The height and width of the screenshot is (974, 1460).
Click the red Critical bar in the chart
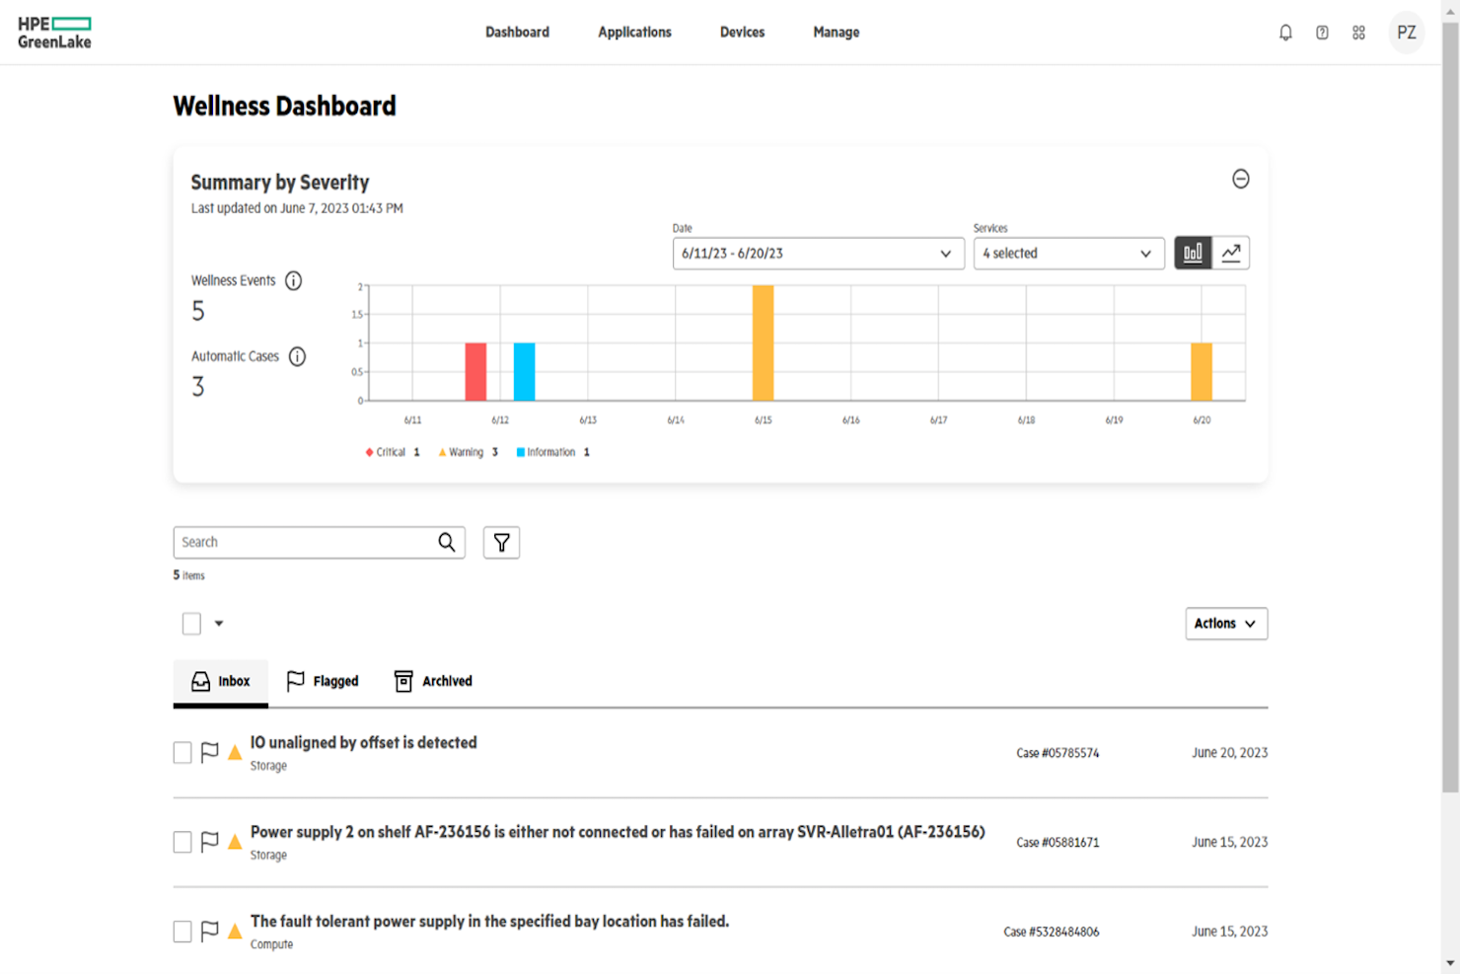coord(475,371)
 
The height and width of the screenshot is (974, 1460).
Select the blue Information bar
coord(524,371)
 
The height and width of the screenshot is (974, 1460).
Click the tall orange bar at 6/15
coord(763,342)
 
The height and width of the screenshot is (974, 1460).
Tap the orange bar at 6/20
coord(1201,371)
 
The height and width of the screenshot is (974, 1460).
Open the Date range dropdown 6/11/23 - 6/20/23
coord(818,254)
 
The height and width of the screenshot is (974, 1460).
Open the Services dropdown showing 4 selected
coord(1067,254)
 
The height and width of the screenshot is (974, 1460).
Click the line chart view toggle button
coord(1231,254)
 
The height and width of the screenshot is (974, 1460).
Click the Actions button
coord(1225,624)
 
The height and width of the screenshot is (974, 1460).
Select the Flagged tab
coord(323,681)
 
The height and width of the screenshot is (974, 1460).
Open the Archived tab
coord(433,681)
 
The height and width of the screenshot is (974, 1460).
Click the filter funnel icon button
coord(501,543)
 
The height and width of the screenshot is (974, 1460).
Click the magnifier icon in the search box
coord(447,543)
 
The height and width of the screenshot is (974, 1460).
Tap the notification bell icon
coord(1285,33)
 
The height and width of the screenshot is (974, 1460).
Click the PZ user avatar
coord(1406,33)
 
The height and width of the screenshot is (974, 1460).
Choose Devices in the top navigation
coord(742,33)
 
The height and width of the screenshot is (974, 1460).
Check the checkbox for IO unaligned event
coord(182,753)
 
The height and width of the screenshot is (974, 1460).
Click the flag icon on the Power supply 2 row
coord(209,842)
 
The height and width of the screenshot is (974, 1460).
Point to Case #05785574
coord(1058,753)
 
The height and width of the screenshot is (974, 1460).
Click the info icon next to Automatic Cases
coord(297,356)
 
